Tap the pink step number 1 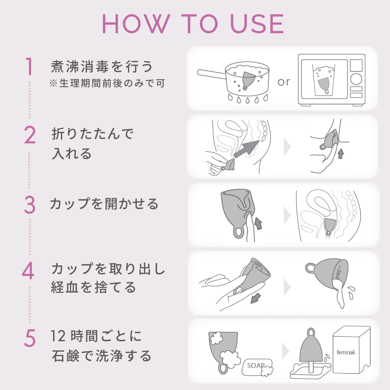tap(29, 66)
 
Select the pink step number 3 tap(30, 205)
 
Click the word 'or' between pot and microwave tap(284, 82)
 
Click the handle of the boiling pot tap(211, 74)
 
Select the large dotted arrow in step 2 tap(246, 149)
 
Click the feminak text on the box tap(346, 352)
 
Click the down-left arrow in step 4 tap(255, 299)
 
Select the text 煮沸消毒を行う tap(101, 66)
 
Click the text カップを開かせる tap(104, 204)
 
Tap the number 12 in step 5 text tap(58, 336)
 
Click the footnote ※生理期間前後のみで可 tap(107, 83)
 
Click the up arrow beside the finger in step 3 tap(258, 224)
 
